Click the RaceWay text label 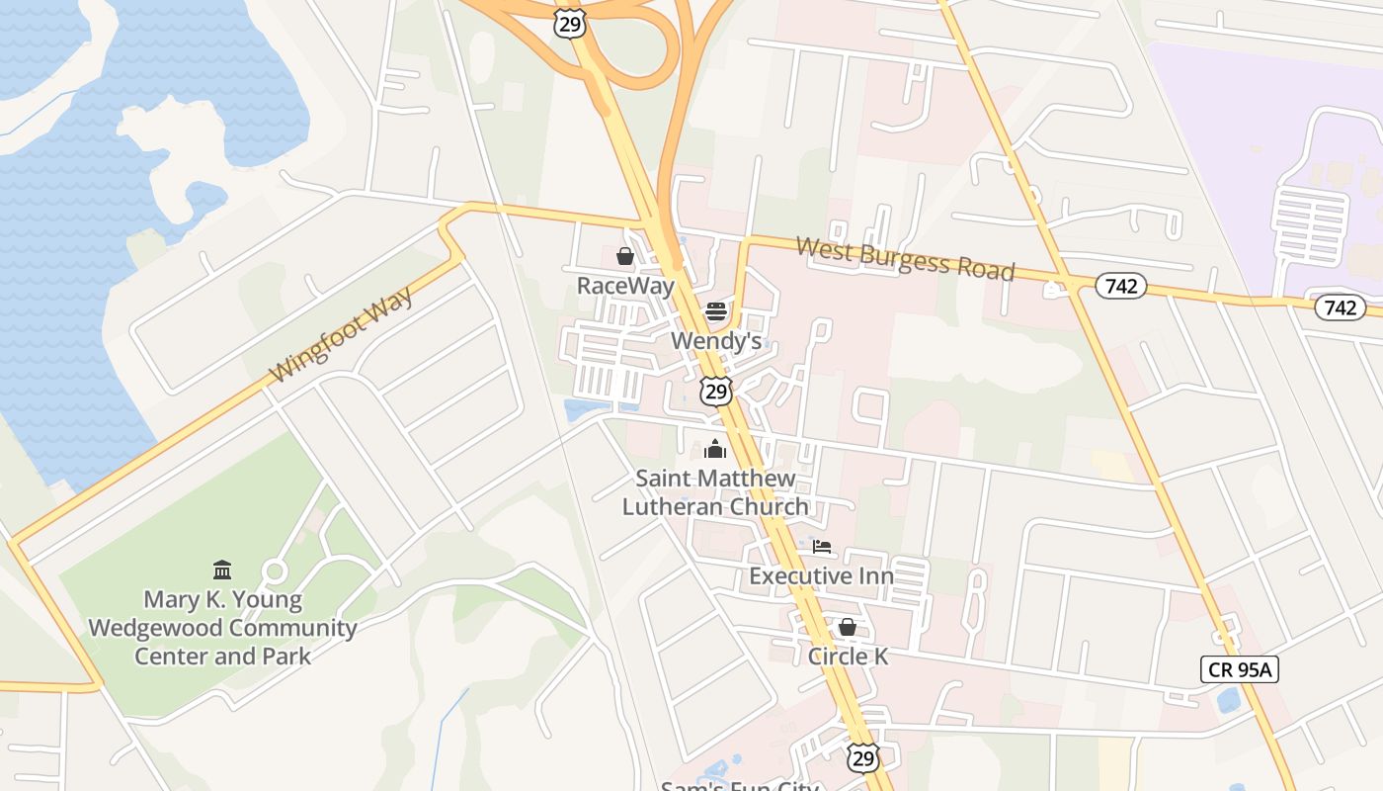point(625,287)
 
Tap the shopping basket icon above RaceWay point(624,257)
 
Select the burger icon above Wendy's point(716,312)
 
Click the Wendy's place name point(716,341)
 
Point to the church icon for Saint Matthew point(715,450)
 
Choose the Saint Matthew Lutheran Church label point(715,492)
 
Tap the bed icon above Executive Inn point(821,547)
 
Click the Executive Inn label point(821,575)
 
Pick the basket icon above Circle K point(847,627)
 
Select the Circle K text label point(848,656)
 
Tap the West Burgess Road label point(905,257)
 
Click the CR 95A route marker point(1240,669)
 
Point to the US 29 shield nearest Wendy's point(716,391)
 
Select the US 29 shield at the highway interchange point(570,23)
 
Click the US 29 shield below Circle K point(863,757)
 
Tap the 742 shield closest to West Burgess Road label point(1120,287)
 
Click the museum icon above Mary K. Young point(222,571)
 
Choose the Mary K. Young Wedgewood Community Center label point(222,628)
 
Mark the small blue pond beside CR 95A point(1229,700)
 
